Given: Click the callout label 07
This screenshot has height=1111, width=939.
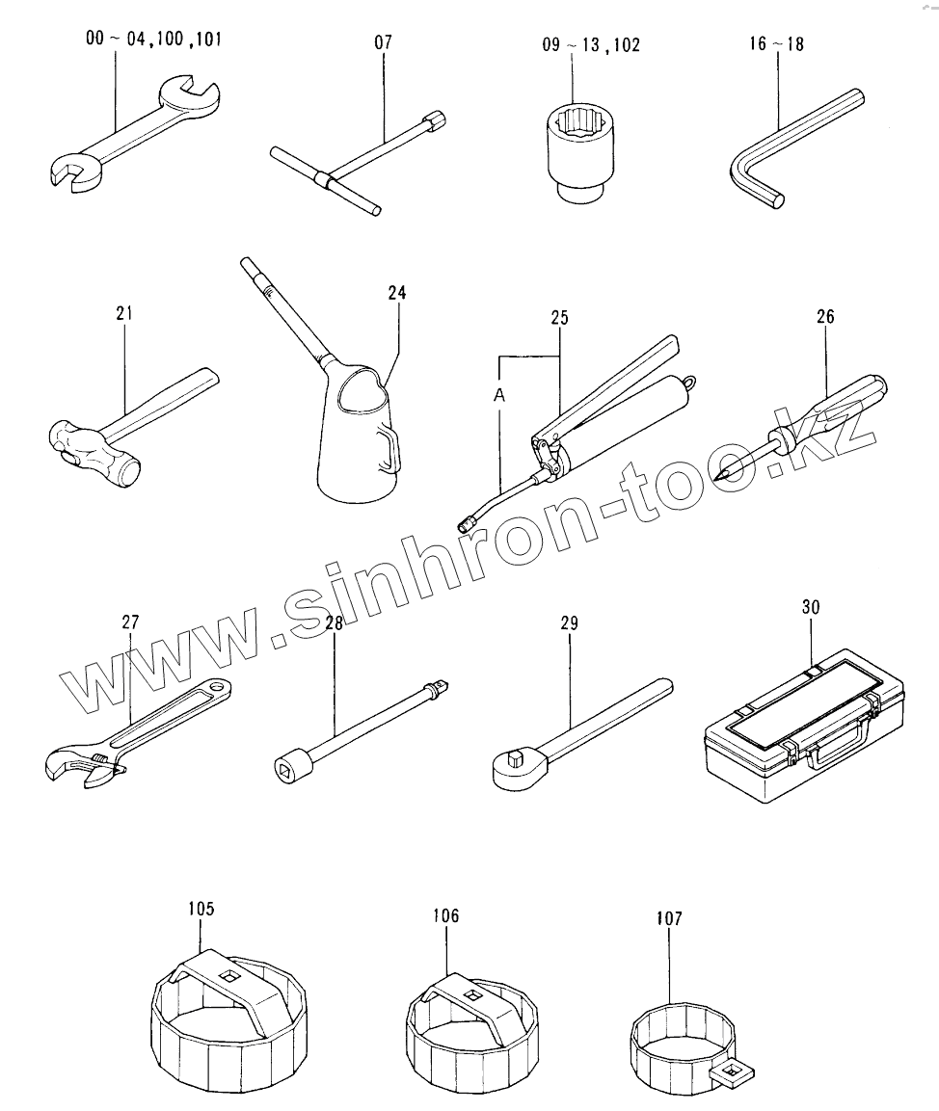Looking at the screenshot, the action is click(x=383, y=42).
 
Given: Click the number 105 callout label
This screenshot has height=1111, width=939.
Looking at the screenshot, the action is click(x=201, y=909).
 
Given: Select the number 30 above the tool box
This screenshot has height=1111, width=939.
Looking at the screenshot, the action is click(x=811, y=607).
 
